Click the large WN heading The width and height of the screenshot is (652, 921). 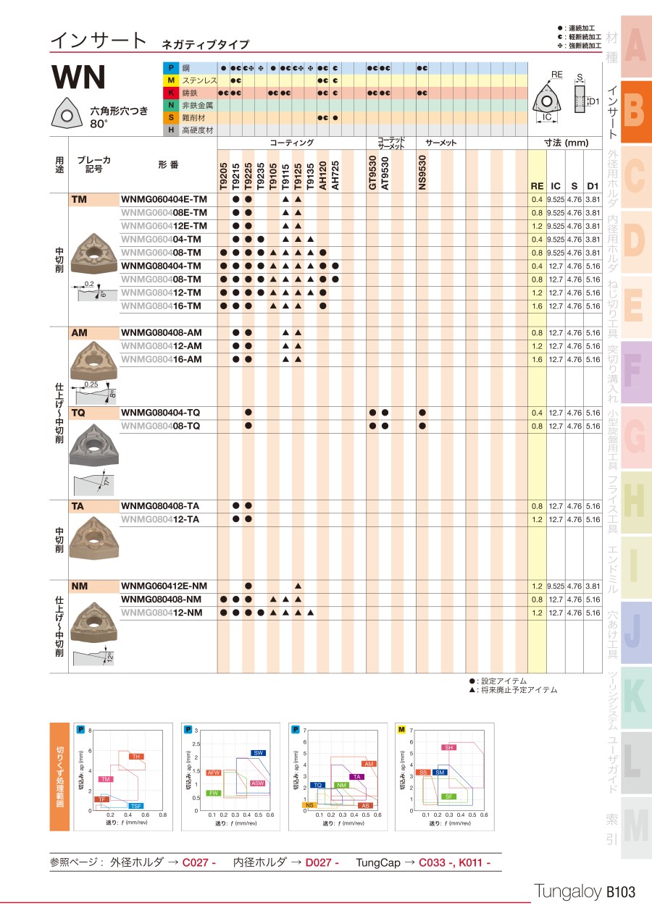78,77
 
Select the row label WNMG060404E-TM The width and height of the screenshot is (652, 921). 164,199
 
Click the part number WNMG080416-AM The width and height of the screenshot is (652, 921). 162,360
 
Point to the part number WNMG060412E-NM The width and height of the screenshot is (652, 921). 164,586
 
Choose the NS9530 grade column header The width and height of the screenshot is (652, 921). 422,173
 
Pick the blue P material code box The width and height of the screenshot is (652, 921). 171,67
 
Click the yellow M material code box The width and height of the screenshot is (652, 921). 171,80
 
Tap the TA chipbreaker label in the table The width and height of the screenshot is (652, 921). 78,506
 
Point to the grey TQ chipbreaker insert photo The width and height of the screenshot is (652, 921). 92,443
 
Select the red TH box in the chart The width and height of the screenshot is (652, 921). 135,757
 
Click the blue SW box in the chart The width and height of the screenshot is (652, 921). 258,753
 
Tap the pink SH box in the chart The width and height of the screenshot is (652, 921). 449,747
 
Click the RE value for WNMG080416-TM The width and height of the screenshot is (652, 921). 537,306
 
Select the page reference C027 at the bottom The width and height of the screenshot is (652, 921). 199,862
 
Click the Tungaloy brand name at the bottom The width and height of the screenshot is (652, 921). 567,892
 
